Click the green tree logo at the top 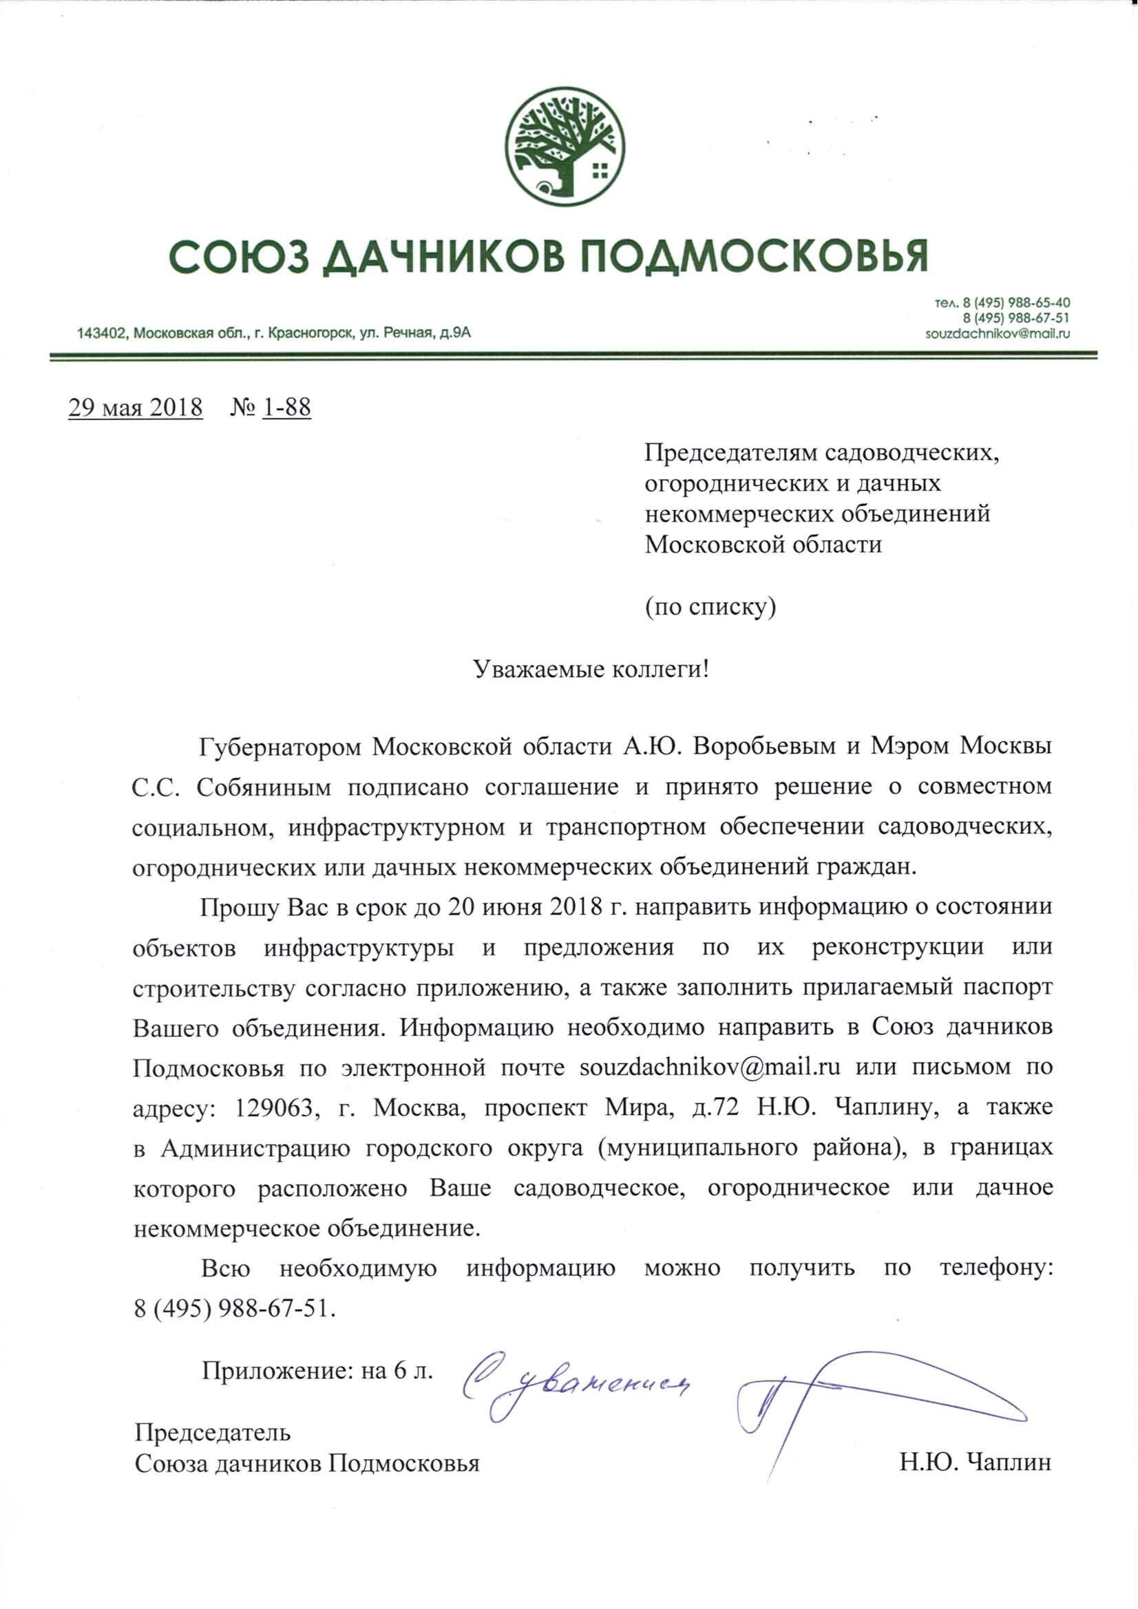567,147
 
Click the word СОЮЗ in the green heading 238,257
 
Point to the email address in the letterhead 997,334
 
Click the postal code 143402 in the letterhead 101,334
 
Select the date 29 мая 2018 136,408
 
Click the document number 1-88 287,408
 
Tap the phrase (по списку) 710,606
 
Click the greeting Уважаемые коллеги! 591,669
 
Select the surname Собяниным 263,787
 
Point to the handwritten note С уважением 575,1385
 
